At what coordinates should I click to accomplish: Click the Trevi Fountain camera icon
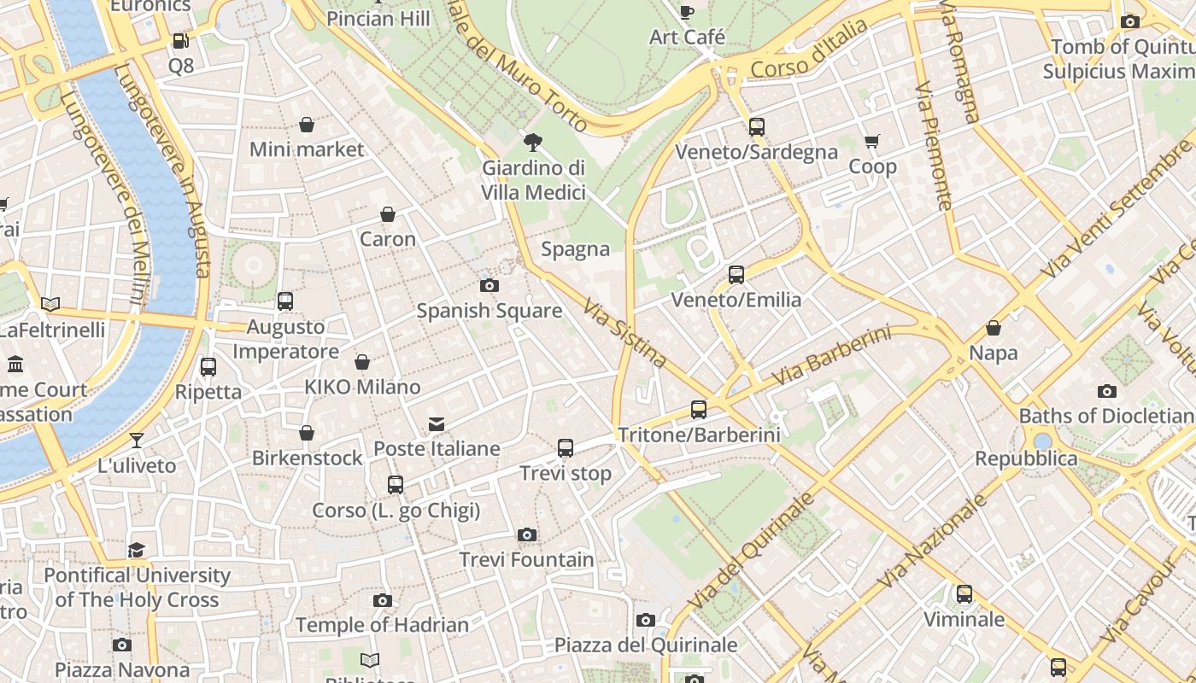click(x=527, y=535)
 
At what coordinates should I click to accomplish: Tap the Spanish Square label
click(x=489, y=311)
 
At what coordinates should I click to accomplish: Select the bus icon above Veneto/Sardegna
click(x=756, y=127)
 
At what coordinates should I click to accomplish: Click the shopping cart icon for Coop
click(x=871, y=142)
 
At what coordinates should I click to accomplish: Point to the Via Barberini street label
click(x=830, y=355)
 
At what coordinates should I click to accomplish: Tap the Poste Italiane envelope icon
click(x=437, y=424)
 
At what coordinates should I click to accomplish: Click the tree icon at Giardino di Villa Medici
click(x=533, y=142)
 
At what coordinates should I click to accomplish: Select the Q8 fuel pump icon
click(x=180, y=40)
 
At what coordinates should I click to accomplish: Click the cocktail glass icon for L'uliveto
click(x=137, y=441)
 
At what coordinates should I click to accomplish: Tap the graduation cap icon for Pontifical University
click(x=137, y=550)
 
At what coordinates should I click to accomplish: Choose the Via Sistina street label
click(x=624, y=332)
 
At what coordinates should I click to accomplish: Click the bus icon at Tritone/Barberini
click(x=699, y=410)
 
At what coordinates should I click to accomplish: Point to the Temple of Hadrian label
click(x=382, y=625)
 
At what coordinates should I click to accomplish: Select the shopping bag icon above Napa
click(x=994, y=328)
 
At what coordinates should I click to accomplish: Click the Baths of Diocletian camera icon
click(x=1106, y=392)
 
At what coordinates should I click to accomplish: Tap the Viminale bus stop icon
click(x=964, y=594)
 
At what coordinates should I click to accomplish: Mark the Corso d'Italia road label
click(x=809, y=50)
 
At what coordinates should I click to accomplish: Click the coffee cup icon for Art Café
click(x=686, y=12)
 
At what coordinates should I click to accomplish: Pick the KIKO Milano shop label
click(x=362, y=387)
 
